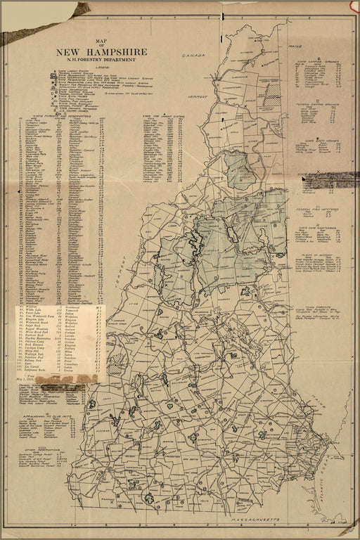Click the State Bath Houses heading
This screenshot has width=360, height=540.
pos(319,139)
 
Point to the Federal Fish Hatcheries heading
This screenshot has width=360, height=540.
pos(319,210)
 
